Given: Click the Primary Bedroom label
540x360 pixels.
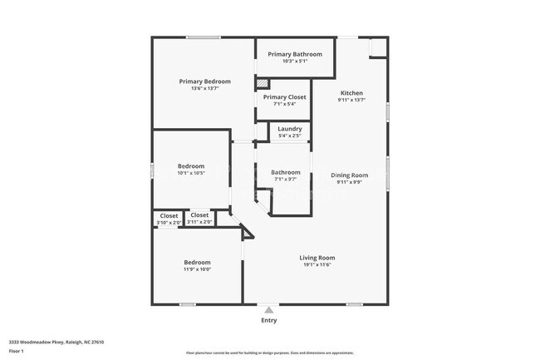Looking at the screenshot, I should tap(205, 81).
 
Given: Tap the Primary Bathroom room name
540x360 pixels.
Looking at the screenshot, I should tap(294, 54).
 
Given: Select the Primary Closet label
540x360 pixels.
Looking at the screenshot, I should tap(285, 97).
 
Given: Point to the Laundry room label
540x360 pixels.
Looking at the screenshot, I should tap(290, 129).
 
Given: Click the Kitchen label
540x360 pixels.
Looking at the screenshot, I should tap(351, 92).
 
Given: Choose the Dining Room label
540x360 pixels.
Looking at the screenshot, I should tap(350, 175).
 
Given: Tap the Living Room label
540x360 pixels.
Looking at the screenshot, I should tap(317, 258).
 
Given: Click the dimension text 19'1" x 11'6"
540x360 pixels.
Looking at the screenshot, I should tap(317, 265).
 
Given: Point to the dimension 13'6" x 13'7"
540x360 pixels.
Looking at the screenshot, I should tap(205, 89).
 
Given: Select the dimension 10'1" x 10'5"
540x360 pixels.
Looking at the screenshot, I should tap(191, 174).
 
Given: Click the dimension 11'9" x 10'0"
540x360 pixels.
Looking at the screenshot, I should tap(197, 269).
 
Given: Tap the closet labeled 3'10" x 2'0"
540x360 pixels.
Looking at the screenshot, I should tap(169, 219).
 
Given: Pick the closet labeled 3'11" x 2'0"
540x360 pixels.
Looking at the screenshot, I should tap(200, 219).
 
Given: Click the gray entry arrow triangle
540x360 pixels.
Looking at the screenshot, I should tap(268, 309).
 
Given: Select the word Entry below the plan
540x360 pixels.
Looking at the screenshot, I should tap(269, 320).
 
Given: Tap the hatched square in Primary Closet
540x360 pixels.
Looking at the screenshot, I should tap(263, 83).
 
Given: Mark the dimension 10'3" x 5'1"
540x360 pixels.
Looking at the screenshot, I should tap(295, 61).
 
